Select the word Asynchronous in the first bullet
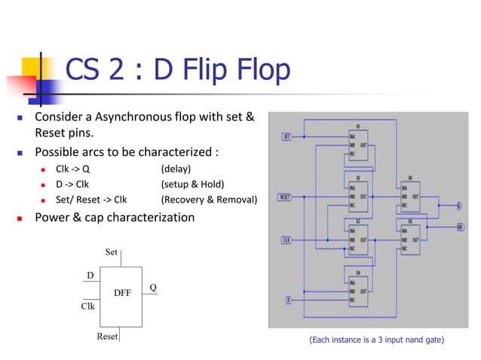pyautogui.click(x=136, y=118)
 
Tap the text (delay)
pyautogui.click(x=176, y=168)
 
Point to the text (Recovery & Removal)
pyautogui.click(x=209, y=200)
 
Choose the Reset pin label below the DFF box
pyautogui.click(x=108, y=336)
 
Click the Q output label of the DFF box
pyautogui.click(x=153, y=288)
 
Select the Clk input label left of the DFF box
pyautogui.click(x=87, y=307)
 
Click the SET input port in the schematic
pyautogui.click(x=286, y=137)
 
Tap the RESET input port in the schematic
pyautogui.click(x=285, y=197)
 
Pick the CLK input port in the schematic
pyautogui.click(x=286, y=240)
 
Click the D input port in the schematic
pyautogui.click(x=289, y=301)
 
